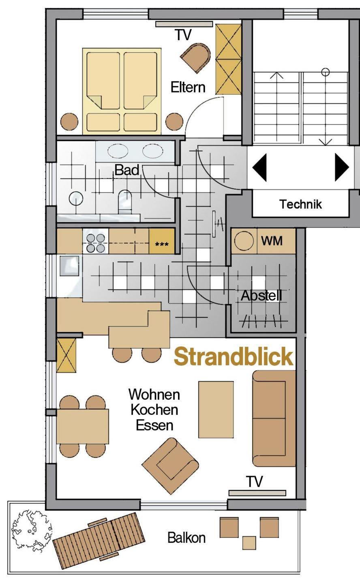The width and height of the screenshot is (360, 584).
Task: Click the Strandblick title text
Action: tap(234, 356)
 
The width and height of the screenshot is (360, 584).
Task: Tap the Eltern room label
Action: tap(188, 87)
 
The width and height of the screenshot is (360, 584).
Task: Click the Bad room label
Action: tap(127, 170)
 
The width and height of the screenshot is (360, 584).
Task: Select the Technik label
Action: tap(300, 204)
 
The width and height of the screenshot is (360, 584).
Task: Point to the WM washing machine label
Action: tap(272, 240)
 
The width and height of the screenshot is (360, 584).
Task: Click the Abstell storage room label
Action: tap(261, 296)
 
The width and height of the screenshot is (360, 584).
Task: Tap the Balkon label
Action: tap(186, 538)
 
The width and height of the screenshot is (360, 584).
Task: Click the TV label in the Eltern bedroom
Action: tap(184, 35)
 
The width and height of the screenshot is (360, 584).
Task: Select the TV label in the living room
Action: tap(255, 481)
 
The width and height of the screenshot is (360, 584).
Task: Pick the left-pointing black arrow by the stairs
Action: tap(259, 167)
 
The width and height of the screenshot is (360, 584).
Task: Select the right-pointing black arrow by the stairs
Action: tap(342, 167)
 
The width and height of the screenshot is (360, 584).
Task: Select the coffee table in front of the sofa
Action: tap(216, 410)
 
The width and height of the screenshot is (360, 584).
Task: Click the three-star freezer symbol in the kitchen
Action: tap(162, 244)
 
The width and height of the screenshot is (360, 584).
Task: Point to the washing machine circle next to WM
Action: tap(244, 241)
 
